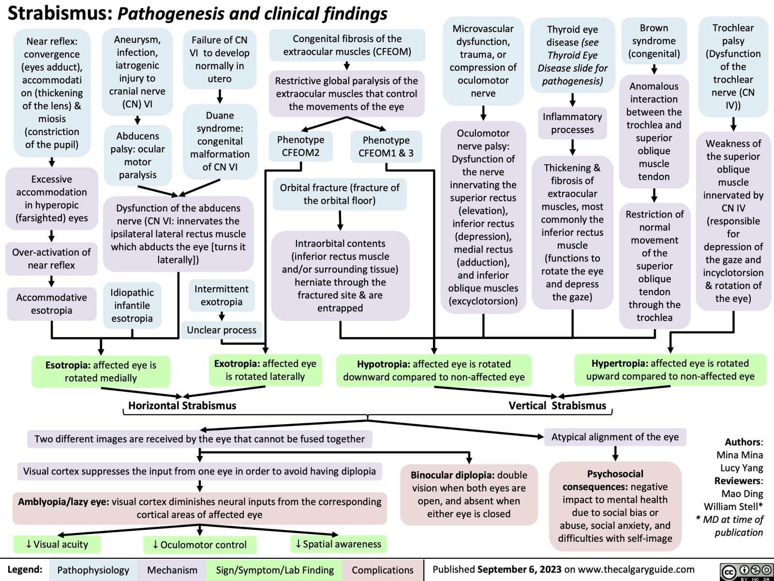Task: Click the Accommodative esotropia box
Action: coord(52,304)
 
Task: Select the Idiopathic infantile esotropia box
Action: coord(132,306)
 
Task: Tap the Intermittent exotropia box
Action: coord(222,295)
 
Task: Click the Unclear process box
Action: coord(222,330)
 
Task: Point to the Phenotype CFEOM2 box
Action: coord(300,146)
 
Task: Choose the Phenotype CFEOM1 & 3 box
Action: coord(386,147)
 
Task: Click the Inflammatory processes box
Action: coord(572,123)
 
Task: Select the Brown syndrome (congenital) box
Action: coord(654,41)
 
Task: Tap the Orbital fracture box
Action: coord(340,194)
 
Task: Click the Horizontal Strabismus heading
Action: coord(182,406)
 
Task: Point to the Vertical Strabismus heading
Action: coord(557,406)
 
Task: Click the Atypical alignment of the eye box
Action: coord(615,437)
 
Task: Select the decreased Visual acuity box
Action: coord(57,545)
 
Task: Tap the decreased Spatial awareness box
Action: coord(338,544)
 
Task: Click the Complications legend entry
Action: coord(382,570)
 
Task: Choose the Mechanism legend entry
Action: coord(172,570)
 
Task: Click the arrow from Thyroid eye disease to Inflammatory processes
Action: coord(572,99)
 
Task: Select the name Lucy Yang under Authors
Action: coord(741,468)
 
